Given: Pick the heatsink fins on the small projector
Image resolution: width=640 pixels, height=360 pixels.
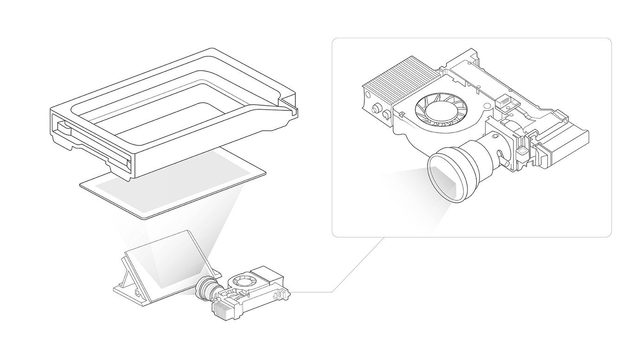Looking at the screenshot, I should [222, 309].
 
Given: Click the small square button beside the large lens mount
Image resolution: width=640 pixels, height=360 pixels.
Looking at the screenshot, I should [520, 151].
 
